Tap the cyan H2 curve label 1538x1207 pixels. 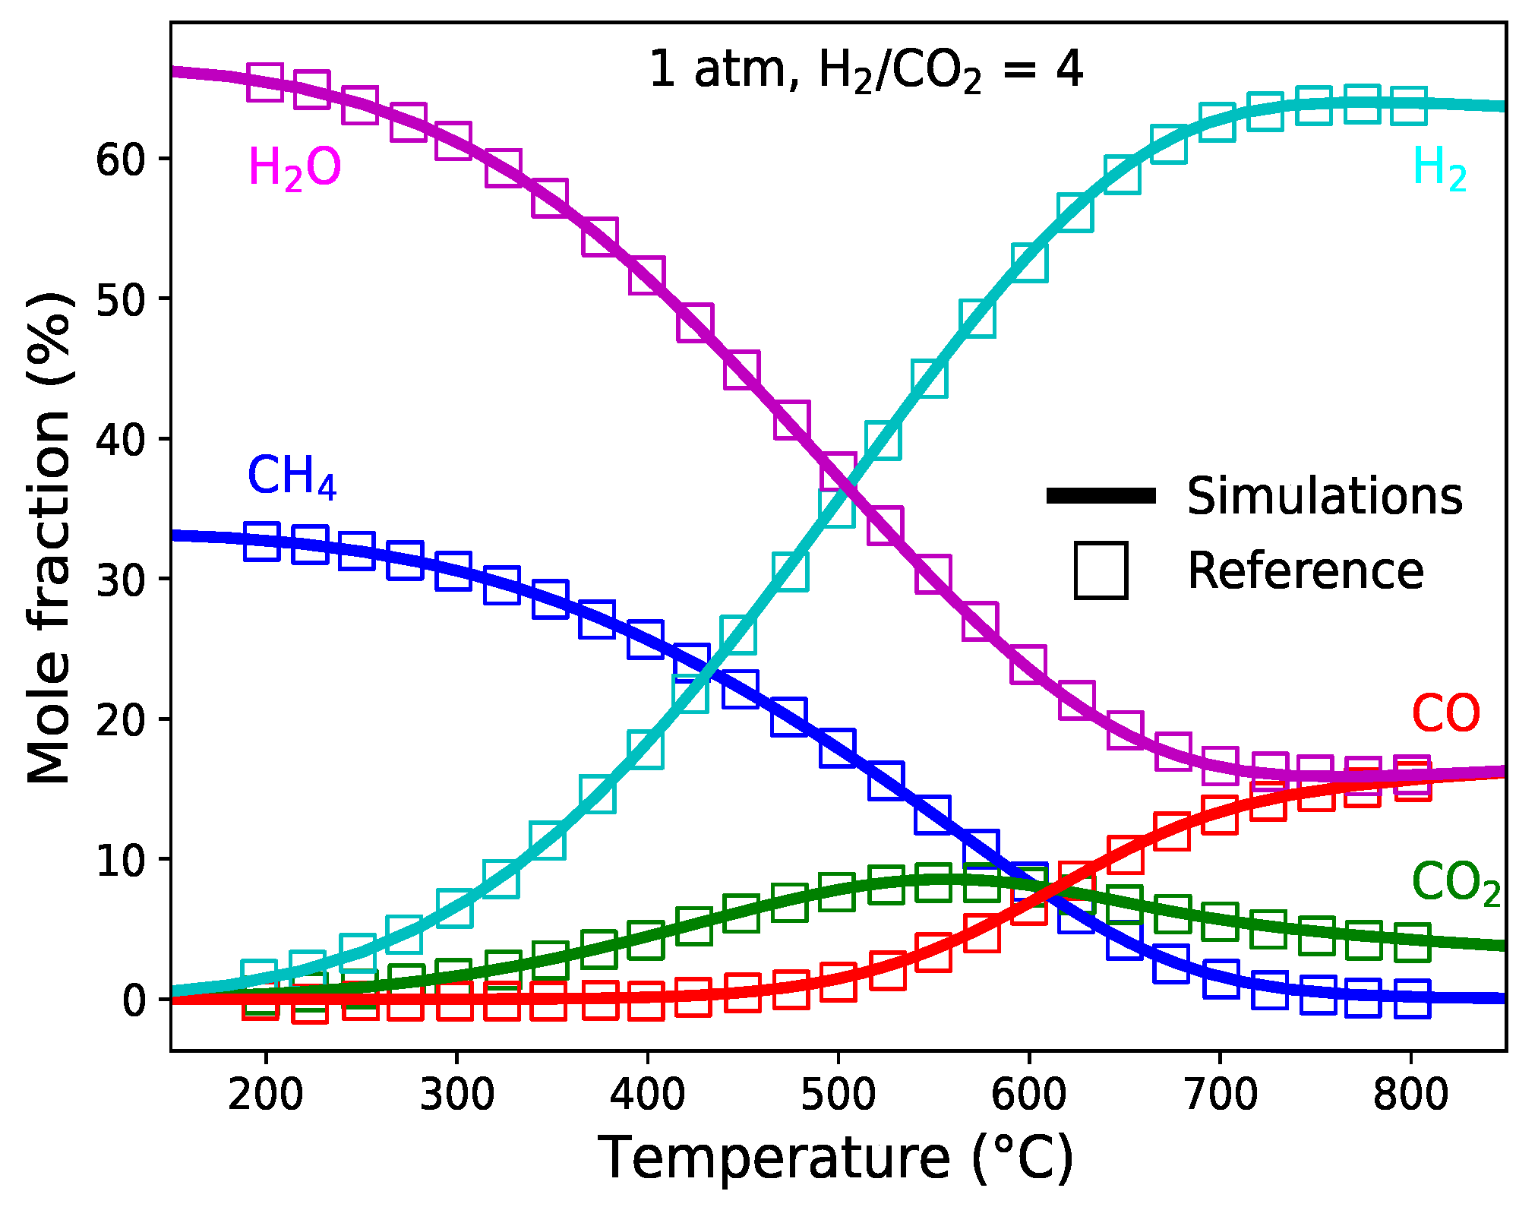(1439, 169)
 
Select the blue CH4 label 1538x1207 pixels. (292, 477)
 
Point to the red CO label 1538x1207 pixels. (1445, 714)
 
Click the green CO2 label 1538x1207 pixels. (1455, 883)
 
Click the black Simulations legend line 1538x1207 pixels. (1101, 497)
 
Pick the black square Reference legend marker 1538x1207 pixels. (1101, 570)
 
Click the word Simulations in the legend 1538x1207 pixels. (1325, 497)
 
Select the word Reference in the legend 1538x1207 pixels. (1306, 570)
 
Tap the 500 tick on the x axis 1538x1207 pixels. (838, 1095)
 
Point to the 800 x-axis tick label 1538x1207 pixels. (1410, 1095)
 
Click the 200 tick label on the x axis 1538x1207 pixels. (265, 1095)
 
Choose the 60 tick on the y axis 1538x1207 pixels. (120, 160)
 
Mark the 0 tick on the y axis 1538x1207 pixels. (134, 1000)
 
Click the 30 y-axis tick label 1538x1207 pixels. (120, 580)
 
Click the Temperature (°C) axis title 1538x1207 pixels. (835, 1158)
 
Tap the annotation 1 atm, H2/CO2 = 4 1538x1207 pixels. (866, 70)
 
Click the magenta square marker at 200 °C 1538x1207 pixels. (265, 82)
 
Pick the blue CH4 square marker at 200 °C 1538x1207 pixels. (262, 542)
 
